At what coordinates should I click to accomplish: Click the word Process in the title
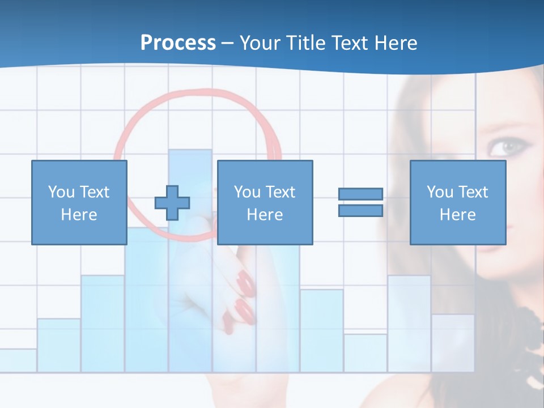coord(178,43)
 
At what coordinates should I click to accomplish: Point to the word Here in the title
coord(394,43)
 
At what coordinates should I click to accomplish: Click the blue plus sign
coord(172,202)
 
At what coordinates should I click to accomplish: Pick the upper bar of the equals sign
coord(360,194)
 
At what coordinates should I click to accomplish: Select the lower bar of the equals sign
coord(360,210)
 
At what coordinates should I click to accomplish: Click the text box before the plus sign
coord(79,202)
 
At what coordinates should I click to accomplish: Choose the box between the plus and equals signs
coord(265,202)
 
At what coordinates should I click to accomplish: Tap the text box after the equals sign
coord(457,202)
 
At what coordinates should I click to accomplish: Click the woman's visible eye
coord(504,148)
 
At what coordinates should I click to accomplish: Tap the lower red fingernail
coord(244,310)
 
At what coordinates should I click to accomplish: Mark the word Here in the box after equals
coord(457,215)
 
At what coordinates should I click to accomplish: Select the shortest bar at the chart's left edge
coord(18,360)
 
